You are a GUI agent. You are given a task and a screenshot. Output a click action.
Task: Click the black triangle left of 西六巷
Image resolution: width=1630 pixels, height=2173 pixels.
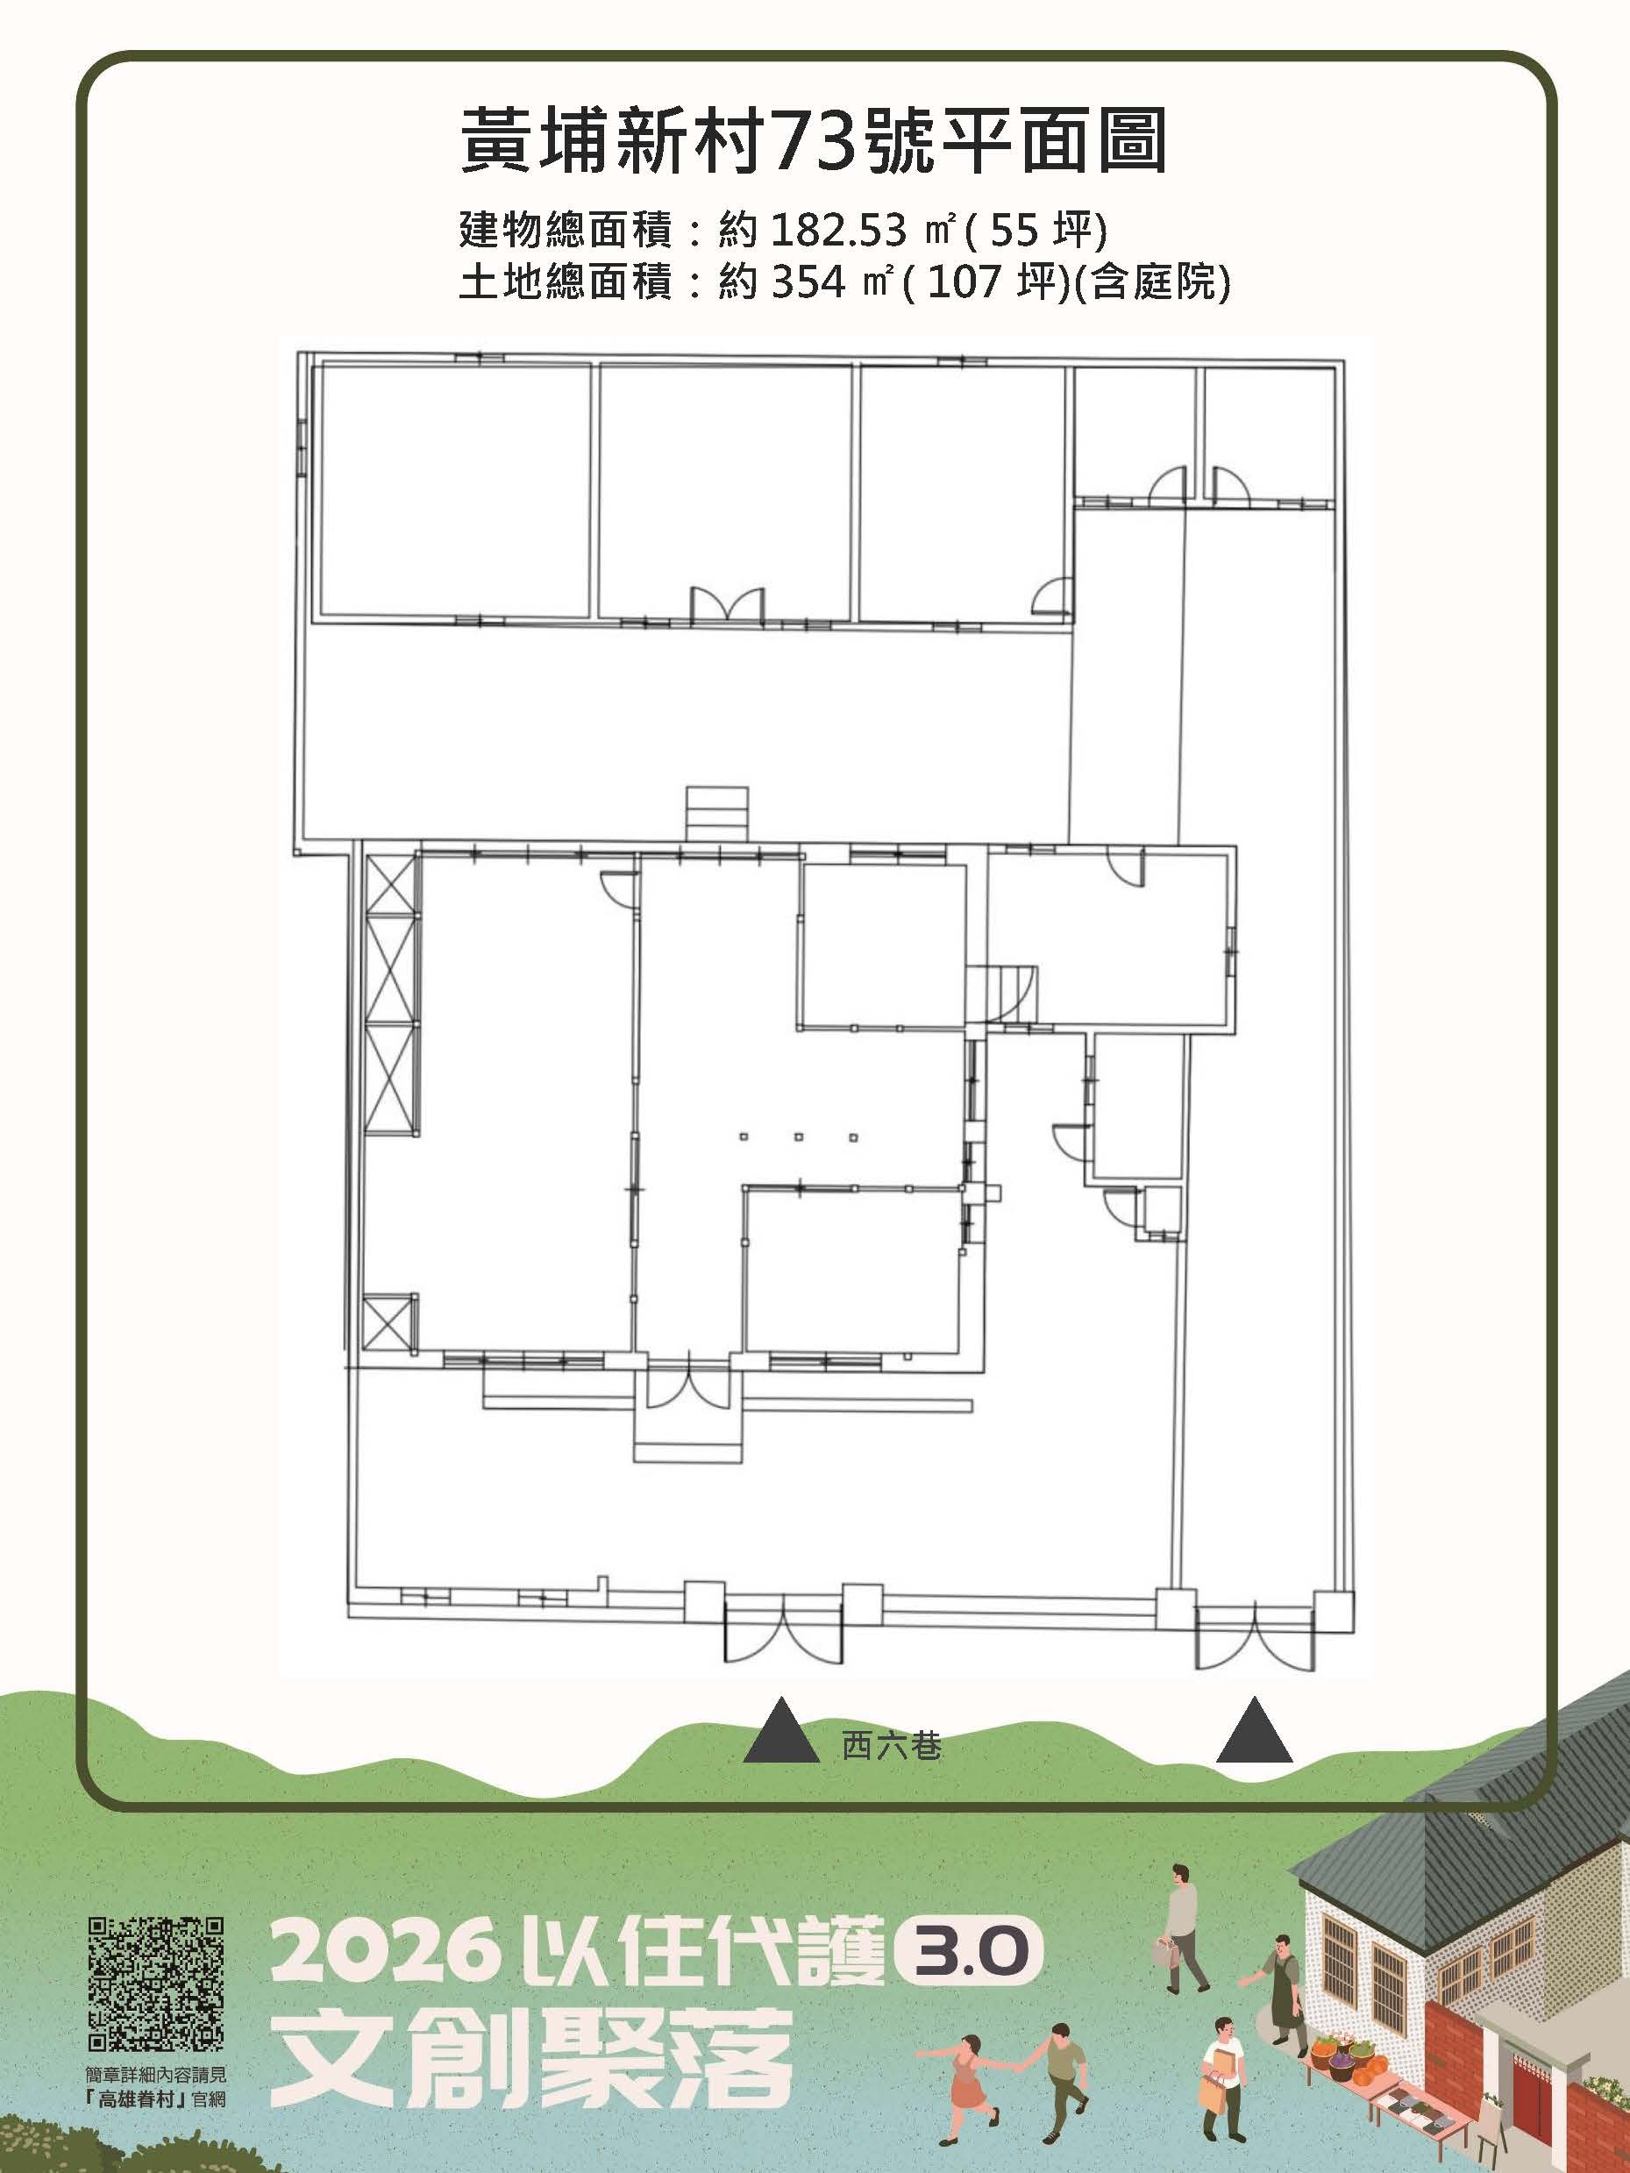click(781, 1728)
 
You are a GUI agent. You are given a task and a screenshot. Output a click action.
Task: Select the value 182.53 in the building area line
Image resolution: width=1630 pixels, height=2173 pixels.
click(838, 231)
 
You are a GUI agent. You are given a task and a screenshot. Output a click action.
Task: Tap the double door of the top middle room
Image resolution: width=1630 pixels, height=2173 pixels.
click(727, 603)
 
